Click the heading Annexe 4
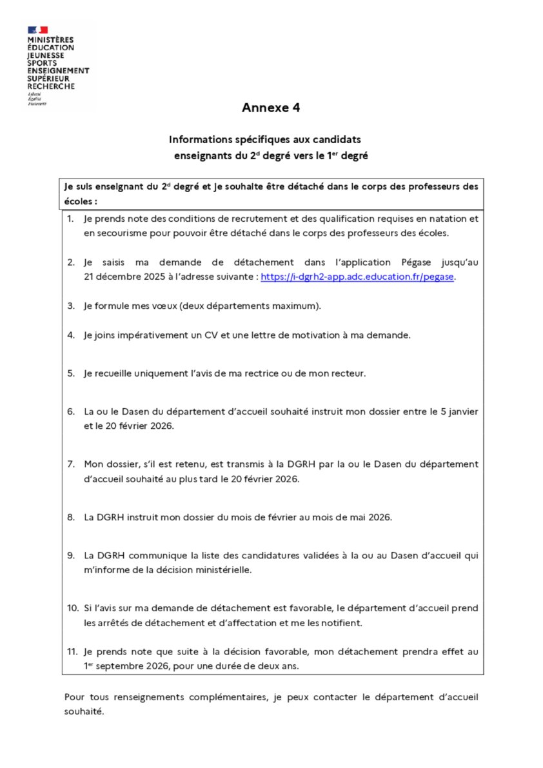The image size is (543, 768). pyautogui.click(x=271, y=108)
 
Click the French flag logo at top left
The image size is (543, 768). pyautogui.click(x=37, y=30)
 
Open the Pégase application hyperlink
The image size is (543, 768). pyautogui.click(x=358, y=277)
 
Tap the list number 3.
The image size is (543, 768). pyautogui.click(x=71, y=305)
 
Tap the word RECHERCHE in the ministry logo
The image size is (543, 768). pyautogui.click(x=51, y=86)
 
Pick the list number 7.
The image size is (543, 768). pyautogui.click(x=71, y=464)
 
